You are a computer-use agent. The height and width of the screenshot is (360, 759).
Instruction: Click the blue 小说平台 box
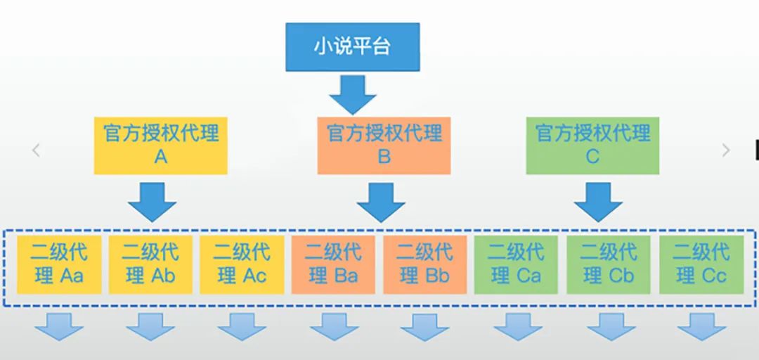(x=352, y=47)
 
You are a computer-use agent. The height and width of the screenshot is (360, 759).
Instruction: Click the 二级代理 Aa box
(x=58, y=264)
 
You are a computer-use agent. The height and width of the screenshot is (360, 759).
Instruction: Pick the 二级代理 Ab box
(x=150, y=264)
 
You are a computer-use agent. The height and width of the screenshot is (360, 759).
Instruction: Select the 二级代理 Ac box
(x=242, y=264)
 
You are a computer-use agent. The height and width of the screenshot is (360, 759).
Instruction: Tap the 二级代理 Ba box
(x=333, y=264)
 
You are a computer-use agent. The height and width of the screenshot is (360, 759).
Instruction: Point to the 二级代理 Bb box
(x=424, y=264)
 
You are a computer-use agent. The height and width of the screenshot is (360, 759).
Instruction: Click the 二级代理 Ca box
(x=516, y=264)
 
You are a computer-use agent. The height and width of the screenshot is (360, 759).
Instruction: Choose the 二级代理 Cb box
(x=609, y=264)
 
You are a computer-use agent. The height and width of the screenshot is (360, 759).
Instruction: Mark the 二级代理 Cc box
(x=701, y=264)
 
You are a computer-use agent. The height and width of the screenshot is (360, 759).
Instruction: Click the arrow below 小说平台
(x=353, y=94)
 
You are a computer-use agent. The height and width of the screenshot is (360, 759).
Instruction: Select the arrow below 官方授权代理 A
(x=152, y=202)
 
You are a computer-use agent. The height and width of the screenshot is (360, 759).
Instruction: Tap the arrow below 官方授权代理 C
(x=598, y=202)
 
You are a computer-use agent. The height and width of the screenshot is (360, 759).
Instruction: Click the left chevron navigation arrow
(x=36, y=150)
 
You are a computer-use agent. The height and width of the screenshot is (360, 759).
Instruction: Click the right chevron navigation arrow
(x=726, y=150)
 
